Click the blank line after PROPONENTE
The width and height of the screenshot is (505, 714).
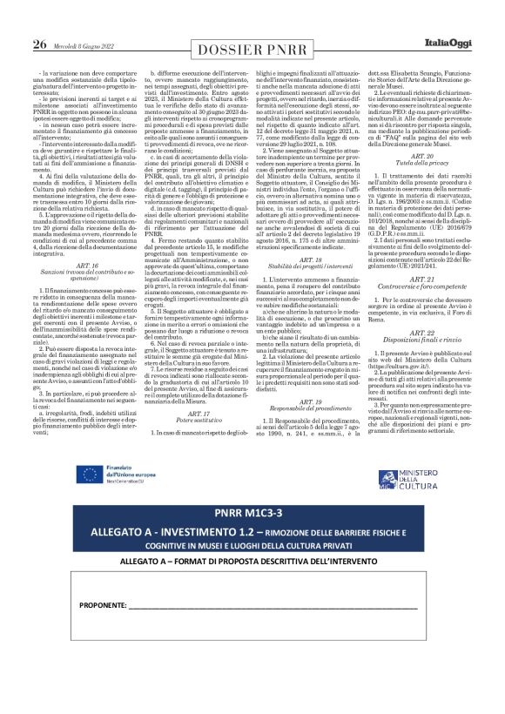(x=261, y=655)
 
